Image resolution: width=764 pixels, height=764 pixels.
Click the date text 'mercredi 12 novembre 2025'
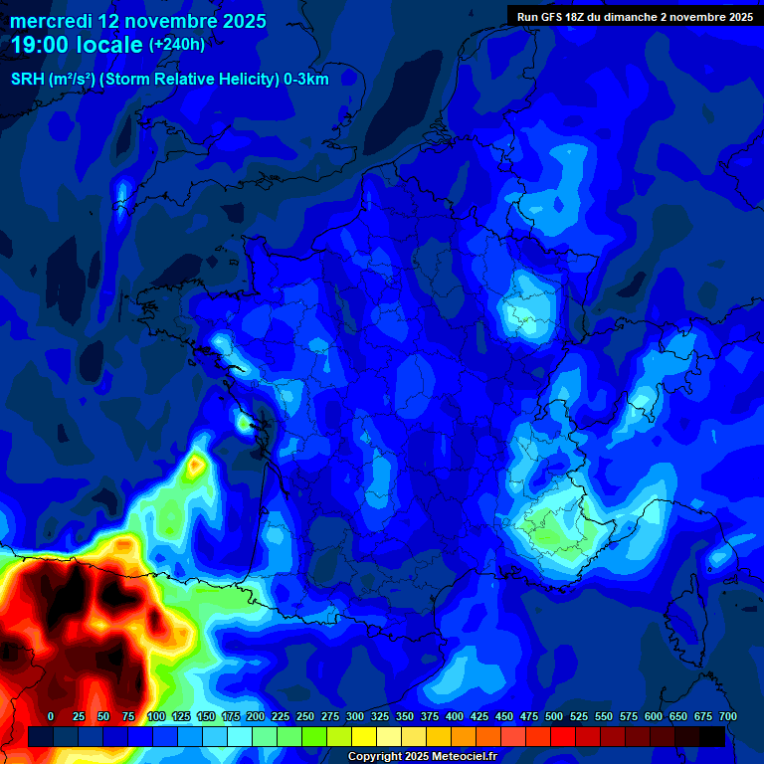click(138, 21)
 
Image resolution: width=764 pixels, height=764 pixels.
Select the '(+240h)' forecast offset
click(177, 45)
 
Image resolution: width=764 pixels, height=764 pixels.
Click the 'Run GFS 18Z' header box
click(635, 16)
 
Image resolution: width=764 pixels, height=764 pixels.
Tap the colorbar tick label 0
click(51, 716)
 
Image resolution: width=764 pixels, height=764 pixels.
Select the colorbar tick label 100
click(156, 716)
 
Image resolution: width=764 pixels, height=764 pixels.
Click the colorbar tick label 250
click(305, 716)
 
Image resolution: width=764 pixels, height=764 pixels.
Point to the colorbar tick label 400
click(455, 716)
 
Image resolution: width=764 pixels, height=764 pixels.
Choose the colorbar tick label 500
click(554, 716)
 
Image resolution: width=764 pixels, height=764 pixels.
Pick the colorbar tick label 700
click(727, 716)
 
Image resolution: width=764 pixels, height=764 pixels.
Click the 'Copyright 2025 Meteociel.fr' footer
click(422, 756)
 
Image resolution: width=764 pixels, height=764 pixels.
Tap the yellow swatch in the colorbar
click(364, 736)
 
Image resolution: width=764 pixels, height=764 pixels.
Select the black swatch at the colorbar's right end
click(712, 736)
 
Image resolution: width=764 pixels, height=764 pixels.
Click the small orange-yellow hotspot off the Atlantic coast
click(197, 463)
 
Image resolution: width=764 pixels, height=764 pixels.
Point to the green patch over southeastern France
click(552, 532)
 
